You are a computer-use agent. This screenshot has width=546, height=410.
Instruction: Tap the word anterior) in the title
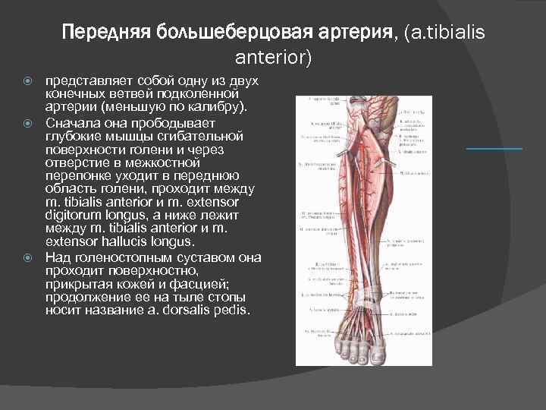click(x=273, y=57)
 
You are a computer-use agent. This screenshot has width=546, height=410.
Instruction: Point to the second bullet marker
click(x=28, y=121)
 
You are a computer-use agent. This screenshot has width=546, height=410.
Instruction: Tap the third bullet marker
click(x=28, y=257)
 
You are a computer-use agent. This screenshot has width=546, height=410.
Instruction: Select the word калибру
click(x=216, y=107)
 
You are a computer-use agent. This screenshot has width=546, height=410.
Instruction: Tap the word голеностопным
click(x=114, y=257)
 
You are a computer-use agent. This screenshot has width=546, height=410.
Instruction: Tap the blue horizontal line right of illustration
click(x=494, y=149)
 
